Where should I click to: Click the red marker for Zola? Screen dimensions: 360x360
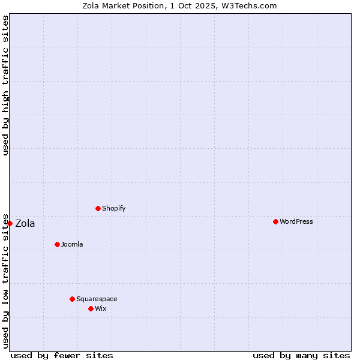tap(10, 223)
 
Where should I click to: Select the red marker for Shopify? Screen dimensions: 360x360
tap(98, 208)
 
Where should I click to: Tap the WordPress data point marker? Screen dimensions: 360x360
tap(275, 221)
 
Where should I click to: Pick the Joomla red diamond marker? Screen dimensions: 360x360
tap(57, 244)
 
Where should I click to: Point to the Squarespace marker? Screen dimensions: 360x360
tap(72, 299)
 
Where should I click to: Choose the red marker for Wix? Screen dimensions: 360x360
tap(91, 308)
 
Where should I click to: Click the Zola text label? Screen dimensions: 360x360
tap(25, 224)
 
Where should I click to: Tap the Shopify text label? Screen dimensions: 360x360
tap(113, 208)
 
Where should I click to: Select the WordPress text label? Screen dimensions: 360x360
tap(296, 221)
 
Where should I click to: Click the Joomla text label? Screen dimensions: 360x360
tap(72, 244)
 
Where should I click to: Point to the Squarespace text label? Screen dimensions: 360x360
tap(97, 299)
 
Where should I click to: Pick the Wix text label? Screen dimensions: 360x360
tap(100, 308)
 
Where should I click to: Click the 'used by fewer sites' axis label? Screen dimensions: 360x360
tap(62, 355)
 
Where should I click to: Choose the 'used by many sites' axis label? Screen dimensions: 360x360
tap(301, 355)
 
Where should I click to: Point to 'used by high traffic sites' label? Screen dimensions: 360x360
tap(5, 85)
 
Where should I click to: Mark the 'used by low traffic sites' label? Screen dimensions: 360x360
tap(5, 280)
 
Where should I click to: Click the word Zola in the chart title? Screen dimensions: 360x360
tap(92, 5)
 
